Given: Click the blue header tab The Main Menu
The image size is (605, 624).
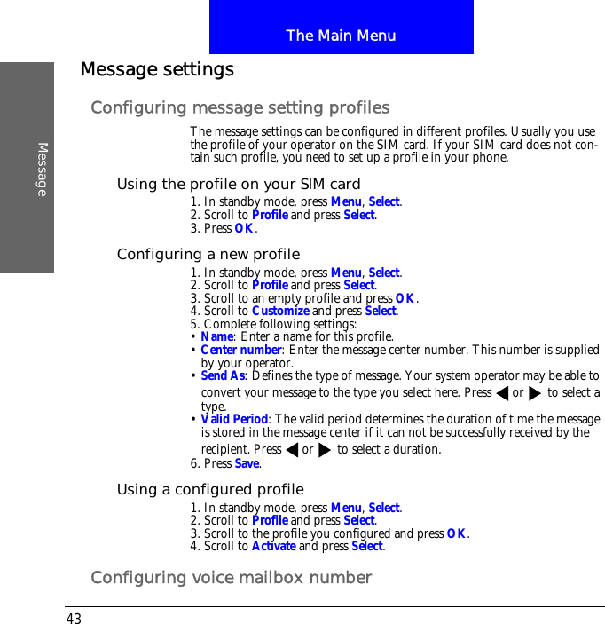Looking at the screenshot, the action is [341, 36].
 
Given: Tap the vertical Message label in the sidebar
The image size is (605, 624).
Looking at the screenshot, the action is [42, 169].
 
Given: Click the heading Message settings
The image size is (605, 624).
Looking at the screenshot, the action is [157, 69].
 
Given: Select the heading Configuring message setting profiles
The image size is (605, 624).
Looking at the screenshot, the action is [240, 108].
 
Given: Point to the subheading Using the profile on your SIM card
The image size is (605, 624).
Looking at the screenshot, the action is [239, 185].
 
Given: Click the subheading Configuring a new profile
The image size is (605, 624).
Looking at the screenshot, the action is [208, 255].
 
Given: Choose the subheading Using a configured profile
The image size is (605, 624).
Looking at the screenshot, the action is [210, 490].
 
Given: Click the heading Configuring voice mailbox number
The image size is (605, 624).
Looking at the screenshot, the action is [231, 579].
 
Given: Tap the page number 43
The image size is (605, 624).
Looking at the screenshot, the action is [73, 618].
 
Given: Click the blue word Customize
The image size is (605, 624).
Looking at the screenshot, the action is [280, 312].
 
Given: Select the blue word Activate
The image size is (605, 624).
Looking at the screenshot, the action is [273, 547].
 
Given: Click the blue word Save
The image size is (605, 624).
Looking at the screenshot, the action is [247, 464].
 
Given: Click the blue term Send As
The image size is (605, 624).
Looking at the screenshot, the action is [222, 376].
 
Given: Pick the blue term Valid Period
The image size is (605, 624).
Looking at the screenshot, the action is [234, 420].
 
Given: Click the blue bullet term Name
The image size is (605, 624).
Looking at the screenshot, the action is [216, 337].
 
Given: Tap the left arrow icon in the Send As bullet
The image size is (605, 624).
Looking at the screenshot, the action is [502, 393].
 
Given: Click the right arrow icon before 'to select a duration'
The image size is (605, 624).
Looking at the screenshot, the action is [324, 449].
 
